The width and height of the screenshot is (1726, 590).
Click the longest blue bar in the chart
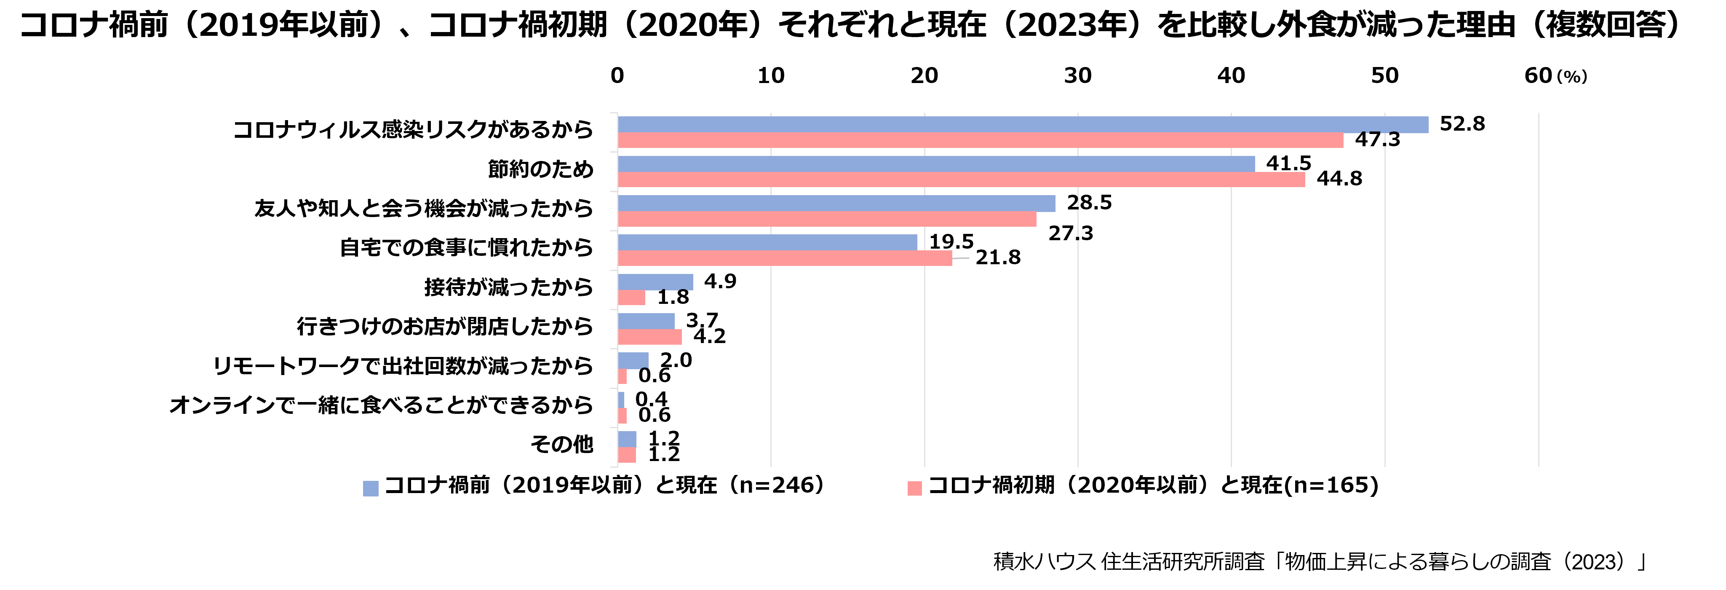point(1023,125)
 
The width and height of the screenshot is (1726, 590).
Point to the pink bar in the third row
point(827,219)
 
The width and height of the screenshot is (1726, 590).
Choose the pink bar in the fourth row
point(785,258)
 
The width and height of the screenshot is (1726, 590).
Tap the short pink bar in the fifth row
point(631,298)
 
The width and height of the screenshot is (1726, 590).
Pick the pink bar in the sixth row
point(649,337)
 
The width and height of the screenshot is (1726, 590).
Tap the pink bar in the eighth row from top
point(622,416)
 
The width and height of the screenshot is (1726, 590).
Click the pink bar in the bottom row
point(626,455)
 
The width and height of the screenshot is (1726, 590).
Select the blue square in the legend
point(371,489)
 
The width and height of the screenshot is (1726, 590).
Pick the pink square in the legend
point(914,489)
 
